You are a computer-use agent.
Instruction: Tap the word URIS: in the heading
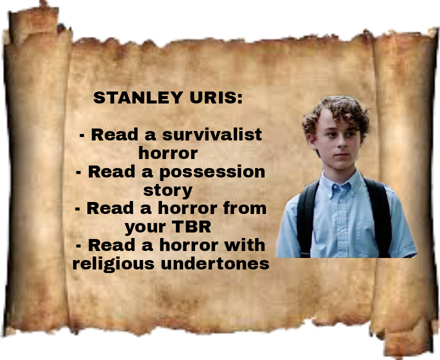click(x=216, y=97)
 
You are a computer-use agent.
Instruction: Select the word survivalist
click(x=212, y=134)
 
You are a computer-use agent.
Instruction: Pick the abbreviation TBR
click(x=191, y=226)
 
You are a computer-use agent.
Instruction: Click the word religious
click(x=113, y=264)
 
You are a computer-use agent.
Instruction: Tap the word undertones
click(x=215, y=264)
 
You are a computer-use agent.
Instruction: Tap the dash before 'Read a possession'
click(x=78, y=172)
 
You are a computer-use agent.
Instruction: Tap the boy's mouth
click(x=342, y=155)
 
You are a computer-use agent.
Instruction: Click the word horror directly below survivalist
click(x=168, y=153)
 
